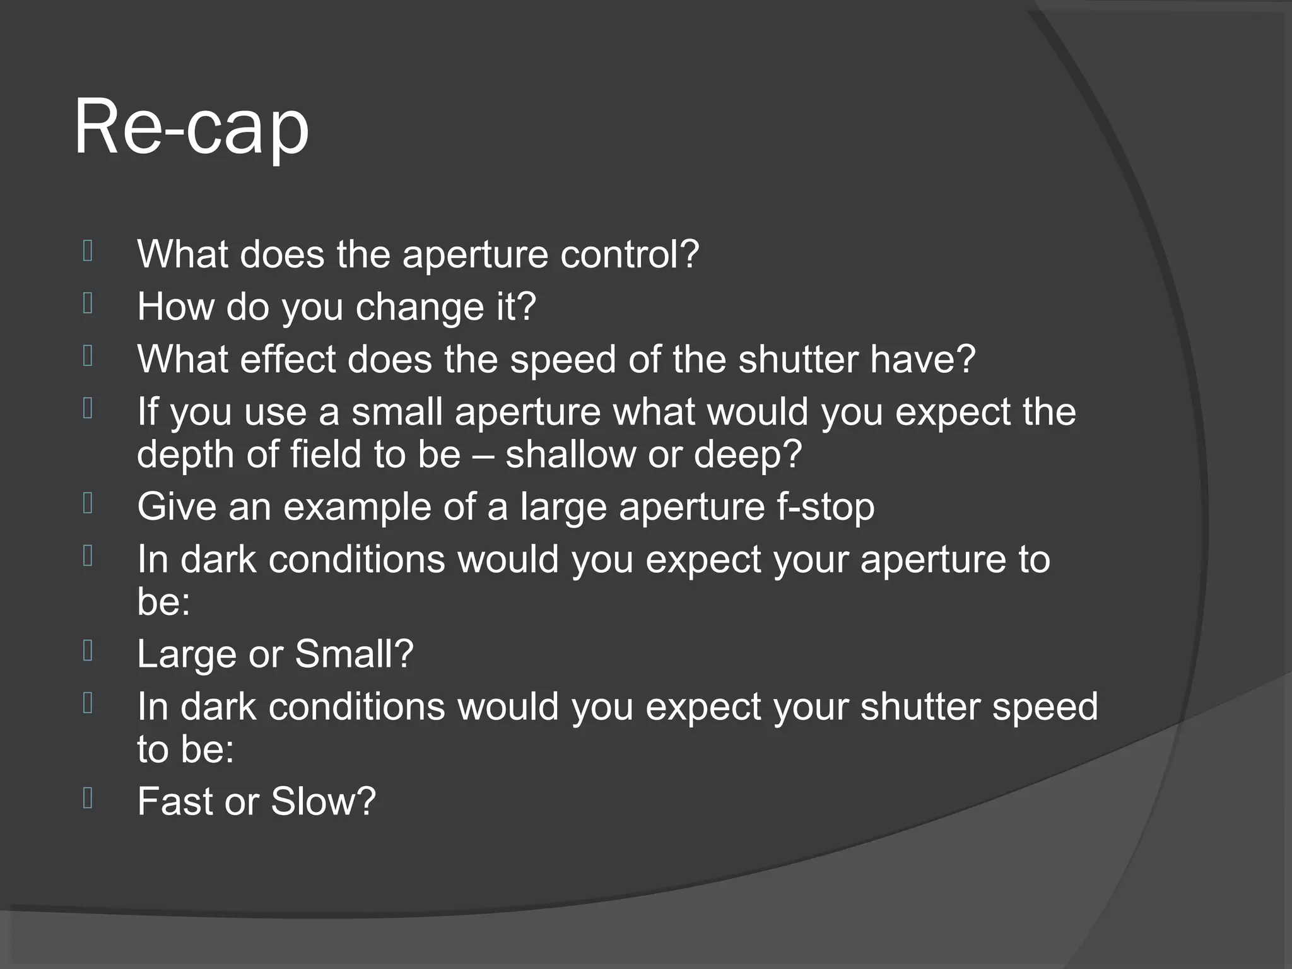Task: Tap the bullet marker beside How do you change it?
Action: [88, 304]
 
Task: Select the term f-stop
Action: [826, 507]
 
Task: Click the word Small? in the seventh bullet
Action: [354, 654]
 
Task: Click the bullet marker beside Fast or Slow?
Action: [88, 799]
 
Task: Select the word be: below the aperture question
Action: [163, 601]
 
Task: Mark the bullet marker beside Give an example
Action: [88, 504]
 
